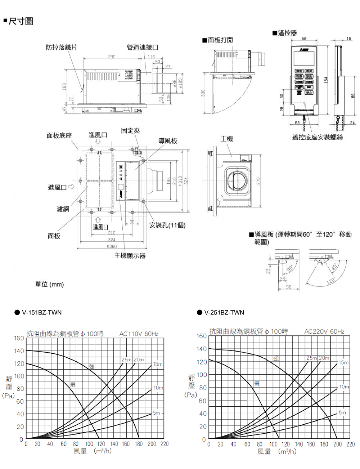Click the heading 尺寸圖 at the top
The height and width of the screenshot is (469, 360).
click(21, 21)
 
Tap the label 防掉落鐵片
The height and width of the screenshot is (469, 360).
click(61, 47)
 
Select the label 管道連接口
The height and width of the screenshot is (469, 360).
click(143, 47)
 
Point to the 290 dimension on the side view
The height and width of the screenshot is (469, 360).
click(112, 57)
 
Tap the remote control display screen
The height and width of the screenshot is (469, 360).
click(304, 59)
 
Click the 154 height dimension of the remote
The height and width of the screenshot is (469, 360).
click(326, 80)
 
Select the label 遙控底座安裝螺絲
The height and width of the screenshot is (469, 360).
click(318, 137)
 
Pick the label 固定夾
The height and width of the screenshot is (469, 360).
click(130, 131)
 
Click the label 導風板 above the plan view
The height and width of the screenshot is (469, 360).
click(168, 141)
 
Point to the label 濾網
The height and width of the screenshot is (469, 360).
click(63, 209)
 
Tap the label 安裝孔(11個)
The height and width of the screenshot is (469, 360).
click(167, 225)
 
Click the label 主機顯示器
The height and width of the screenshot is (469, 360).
click(130, 256)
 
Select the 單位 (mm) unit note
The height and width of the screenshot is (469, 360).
click(49, 284)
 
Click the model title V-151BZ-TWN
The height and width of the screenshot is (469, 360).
click(42, 312)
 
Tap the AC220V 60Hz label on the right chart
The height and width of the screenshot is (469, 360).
click(324, 331)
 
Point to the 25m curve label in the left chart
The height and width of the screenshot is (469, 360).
click(126, 359)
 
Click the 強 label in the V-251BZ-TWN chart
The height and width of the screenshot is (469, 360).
click(276, 358)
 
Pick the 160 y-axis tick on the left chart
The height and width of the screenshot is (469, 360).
click(19, 338)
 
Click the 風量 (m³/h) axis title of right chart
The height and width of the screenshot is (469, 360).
click(277, 451)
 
